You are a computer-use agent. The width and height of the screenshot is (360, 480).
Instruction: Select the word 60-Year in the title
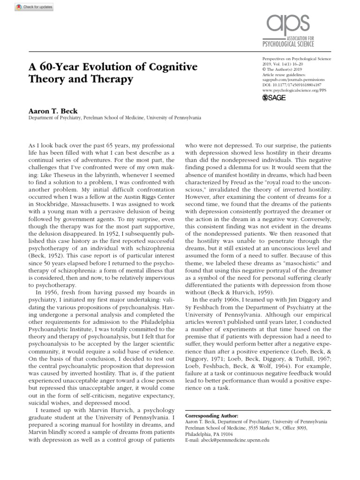pyautogui.click(x=56, y=67)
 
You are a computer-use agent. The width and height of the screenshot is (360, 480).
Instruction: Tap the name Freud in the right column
pyautogui.click(x=243, y=180)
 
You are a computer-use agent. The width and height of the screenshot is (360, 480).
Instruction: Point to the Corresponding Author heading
pyautogui.click(x=211, y=415)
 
